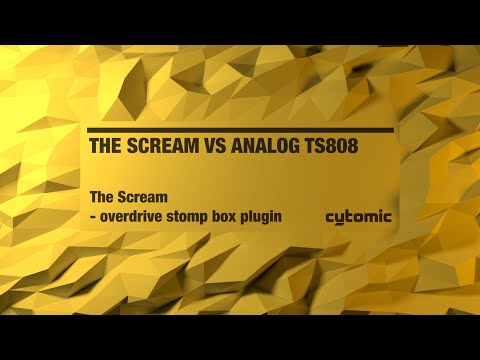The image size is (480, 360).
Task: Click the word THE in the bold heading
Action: click(x=105, y=146)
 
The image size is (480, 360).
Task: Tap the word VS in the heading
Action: click(x=217, y=146)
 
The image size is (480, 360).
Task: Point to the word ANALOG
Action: click(x=270, y=146)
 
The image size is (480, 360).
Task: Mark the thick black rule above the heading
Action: click(x=240, y=130)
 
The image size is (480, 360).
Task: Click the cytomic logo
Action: click(x=359, y=216)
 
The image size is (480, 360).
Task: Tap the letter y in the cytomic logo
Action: click(x=340, y=218)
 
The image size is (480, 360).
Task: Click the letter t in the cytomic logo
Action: click(x=349, y=215)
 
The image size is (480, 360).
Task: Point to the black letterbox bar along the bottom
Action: click(x=240, y=337)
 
